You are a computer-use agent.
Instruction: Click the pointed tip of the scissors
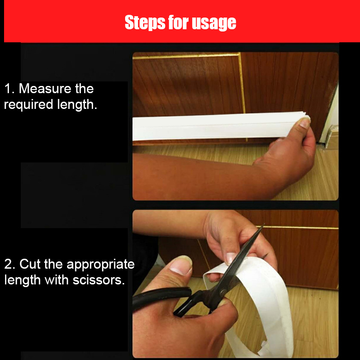[263, 226]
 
